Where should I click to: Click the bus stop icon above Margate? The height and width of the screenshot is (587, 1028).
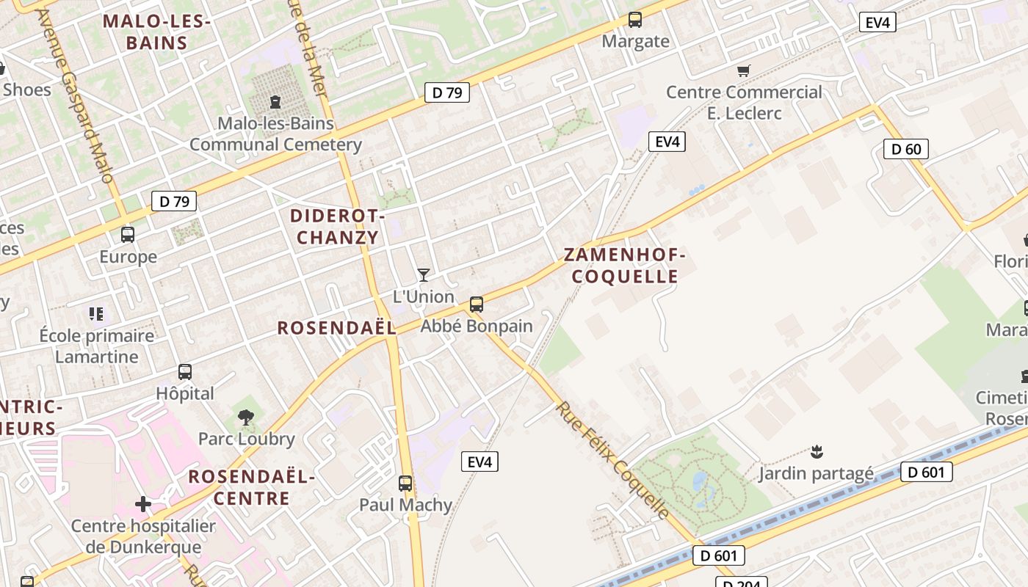(x=635, y=20)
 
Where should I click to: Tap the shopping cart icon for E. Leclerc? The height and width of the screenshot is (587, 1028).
(x=744, y=71)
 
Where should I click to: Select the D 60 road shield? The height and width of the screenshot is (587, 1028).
(x=906, y=150)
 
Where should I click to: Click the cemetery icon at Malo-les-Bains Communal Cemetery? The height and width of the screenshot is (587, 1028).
(x=275, y=101)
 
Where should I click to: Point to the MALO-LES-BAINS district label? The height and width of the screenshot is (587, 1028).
(x=156, y=32)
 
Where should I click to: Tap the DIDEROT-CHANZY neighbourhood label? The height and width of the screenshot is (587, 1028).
(x=338, y=227)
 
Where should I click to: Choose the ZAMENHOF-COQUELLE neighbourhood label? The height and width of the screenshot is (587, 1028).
(x=625, y=266)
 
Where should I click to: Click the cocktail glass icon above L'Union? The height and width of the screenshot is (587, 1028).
(x=424, y=275)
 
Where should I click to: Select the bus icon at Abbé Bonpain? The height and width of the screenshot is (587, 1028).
(x=477, y=304)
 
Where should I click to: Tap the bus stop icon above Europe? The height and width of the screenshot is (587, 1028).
(x=128, y=235)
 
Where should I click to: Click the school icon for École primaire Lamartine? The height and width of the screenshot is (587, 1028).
(x=96, y=314)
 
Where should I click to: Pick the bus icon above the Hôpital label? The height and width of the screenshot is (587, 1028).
(x=185, y=372)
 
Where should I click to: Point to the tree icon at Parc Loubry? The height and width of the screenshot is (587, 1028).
(x=246, y=418)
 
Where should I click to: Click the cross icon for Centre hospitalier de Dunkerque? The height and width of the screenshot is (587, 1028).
(x=143, y=504)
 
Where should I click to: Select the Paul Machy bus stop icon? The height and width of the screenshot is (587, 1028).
(x=405, y=484)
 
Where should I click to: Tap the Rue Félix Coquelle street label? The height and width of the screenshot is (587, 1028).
(x=613, y=459)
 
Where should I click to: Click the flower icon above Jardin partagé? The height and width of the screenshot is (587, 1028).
(x=816, y=451)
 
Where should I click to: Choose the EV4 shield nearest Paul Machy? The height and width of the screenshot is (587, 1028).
(x=479, y=462)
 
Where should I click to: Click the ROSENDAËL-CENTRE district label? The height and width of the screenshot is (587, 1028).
(x=251, y=487)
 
